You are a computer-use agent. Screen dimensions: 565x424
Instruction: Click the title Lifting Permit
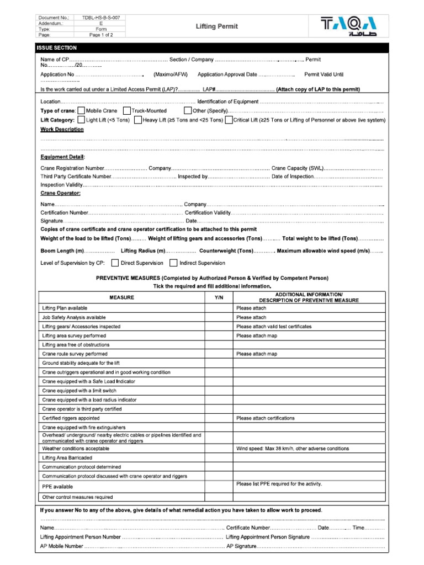[x=217, y=26]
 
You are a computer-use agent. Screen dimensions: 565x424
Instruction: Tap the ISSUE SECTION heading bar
[x=212, y=48]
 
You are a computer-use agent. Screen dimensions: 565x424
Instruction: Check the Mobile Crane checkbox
[x=81, y=111]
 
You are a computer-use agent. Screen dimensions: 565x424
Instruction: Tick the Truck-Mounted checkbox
[x=126, y=111]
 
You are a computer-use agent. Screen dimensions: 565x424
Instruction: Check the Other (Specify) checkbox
[x=188, y=111]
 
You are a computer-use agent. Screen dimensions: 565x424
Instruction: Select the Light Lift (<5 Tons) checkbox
[x=81, y=120]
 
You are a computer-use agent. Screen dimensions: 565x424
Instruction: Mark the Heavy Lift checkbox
[x=137, y=120]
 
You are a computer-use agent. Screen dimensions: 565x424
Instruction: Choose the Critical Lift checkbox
[x=229, y=120]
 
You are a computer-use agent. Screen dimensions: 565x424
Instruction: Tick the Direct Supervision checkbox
[x=115, y=263]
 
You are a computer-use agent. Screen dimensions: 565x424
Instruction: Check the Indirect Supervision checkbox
[x=173, y=263]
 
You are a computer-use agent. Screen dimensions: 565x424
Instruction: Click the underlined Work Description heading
[x=62, y=130]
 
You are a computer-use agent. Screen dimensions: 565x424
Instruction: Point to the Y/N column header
[x=218, y=297]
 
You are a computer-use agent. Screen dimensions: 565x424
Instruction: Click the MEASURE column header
[x=121, y=297]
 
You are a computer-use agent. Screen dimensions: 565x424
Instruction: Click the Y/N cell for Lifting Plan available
[x=218, y=308]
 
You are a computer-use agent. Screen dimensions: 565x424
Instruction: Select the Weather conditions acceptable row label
[x=76, y=449]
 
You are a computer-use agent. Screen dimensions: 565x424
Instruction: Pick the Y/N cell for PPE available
[x=218, y=486]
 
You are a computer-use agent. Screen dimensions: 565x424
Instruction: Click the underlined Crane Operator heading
[x=60, y=193]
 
